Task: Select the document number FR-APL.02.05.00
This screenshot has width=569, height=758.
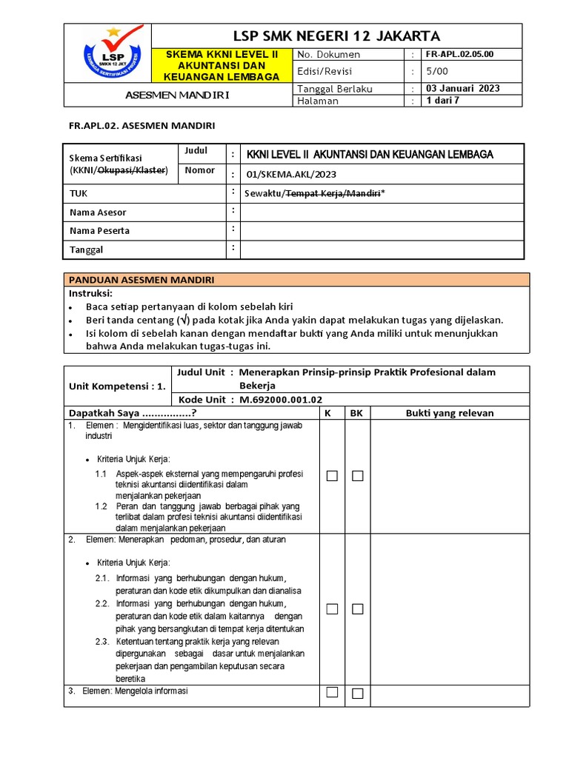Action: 459,55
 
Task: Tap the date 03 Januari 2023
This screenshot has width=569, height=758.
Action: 463,88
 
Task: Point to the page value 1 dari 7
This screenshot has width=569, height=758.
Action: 443,101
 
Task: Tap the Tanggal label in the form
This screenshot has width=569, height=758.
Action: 86,250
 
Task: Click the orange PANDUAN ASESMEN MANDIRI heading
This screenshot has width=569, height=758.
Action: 142,280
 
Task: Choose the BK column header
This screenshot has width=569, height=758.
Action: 356,413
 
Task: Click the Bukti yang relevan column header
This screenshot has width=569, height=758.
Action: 449,413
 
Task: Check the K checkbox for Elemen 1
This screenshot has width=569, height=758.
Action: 332,476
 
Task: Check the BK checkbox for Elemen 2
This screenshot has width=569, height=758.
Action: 358,609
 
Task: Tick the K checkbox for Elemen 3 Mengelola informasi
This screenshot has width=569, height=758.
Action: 332,692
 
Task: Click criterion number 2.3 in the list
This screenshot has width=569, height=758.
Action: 102,641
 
